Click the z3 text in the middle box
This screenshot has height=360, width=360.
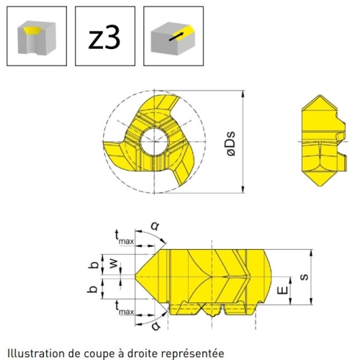point(104,37)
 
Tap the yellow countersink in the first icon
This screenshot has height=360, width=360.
point(33,30)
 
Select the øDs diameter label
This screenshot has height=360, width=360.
point(231,143)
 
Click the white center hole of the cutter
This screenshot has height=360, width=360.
point(154,141)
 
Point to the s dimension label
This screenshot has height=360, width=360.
point(304,276)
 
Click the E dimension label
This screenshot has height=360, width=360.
point(283,290)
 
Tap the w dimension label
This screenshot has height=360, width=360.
point(114,264)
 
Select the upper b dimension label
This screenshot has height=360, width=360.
point(94,264)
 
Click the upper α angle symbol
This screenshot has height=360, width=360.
point(155,225)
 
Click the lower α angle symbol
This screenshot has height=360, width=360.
point(156,325)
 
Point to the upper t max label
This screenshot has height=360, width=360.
point(124,237)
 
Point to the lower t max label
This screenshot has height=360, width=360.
point(124,308)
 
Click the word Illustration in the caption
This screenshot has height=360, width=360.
point(36,354)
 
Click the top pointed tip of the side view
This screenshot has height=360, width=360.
point(320,95)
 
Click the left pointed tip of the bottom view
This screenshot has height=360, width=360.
point(135,275)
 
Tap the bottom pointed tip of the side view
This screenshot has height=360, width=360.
point(320,186)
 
